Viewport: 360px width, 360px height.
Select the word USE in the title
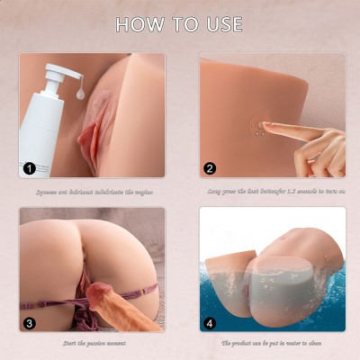point(221,24)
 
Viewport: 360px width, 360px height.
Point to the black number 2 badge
point(211,167)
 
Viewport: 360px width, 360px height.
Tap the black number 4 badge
point(211,321)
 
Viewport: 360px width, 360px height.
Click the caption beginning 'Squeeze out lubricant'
point(92,190)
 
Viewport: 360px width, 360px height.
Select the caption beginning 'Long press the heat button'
point(271,190)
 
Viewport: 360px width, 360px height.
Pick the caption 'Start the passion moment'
point(92,343)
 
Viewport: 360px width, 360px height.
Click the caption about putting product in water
point(271,343)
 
